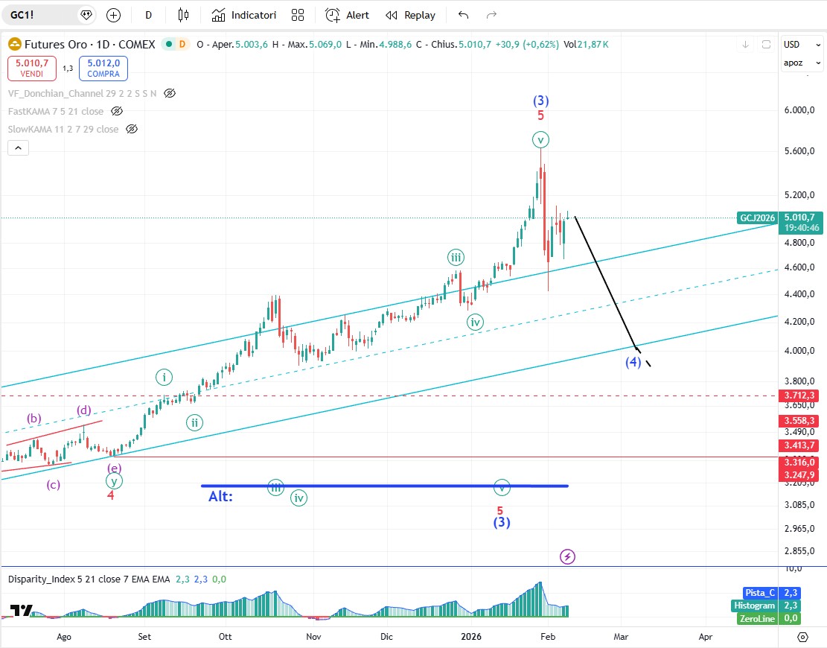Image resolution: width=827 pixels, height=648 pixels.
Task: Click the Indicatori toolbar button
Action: (243, 15)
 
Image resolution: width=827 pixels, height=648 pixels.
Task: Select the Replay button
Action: (410, 15)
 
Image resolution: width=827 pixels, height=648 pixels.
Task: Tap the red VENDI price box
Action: (31, 69)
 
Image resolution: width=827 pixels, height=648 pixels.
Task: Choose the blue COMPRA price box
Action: (103, 69)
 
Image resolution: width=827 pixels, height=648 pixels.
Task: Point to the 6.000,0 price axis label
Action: (800, 110)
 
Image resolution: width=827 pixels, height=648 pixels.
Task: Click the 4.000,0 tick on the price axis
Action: (800, 351)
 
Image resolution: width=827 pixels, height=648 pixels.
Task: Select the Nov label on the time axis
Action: (313, 637)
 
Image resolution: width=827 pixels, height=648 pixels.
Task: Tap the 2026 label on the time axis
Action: (470, 637)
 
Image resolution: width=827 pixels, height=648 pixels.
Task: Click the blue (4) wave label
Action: (633, 363)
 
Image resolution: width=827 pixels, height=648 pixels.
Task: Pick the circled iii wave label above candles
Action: (456, 258)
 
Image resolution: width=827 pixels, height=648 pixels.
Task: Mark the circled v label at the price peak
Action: (541, 139)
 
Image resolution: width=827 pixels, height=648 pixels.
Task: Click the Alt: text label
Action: (220, 496)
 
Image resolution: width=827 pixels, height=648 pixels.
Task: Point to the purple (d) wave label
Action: (84, 410)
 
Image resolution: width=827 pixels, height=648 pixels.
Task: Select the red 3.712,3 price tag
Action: (800, 396)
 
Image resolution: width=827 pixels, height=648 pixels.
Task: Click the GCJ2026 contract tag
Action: (756, 218)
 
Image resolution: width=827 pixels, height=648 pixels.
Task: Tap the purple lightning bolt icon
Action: (568, 556)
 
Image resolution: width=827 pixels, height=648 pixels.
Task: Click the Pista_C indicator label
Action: (759, 593)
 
